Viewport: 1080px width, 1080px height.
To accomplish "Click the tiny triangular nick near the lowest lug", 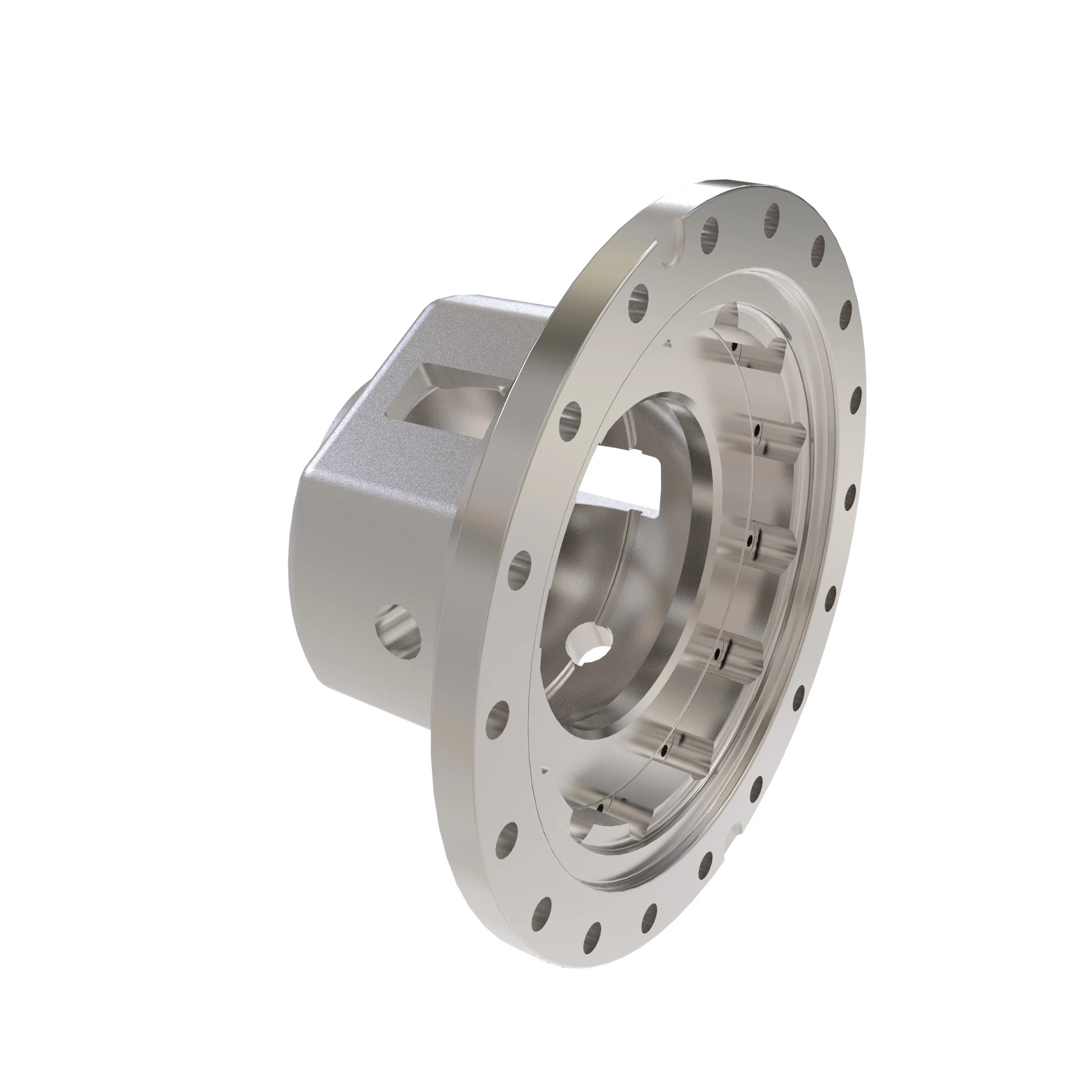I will pos(545,772).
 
